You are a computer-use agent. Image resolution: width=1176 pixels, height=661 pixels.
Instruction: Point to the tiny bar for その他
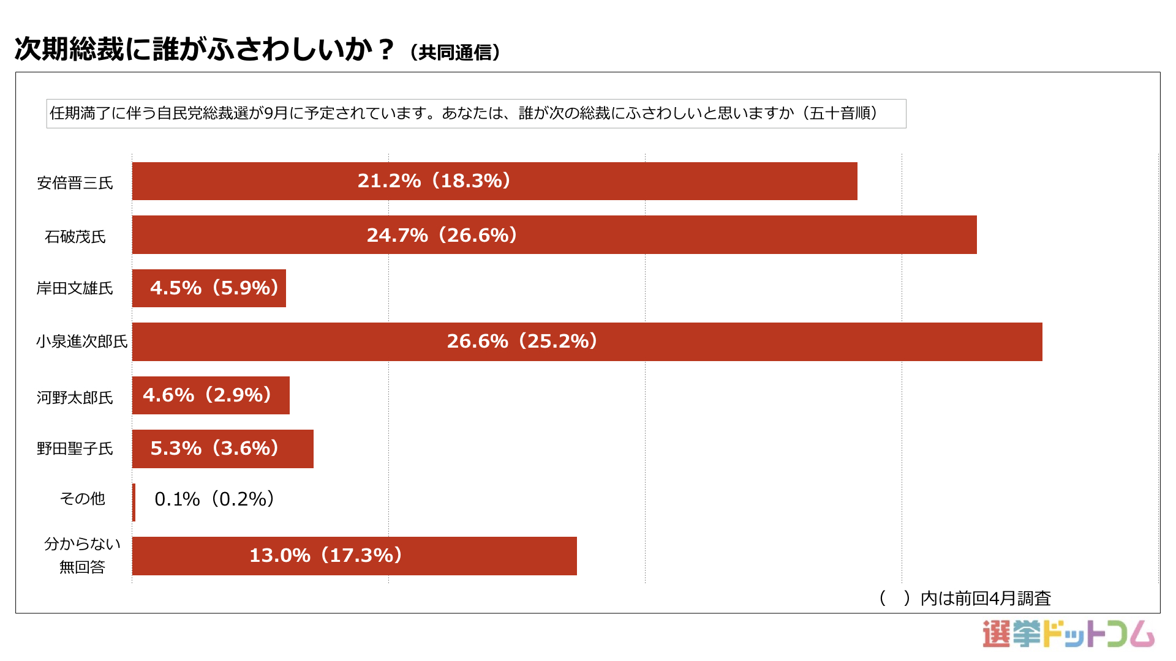click(134, 502)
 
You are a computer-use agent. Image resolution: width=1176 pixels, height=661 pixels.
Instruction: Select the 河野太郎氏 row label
click(75, 398)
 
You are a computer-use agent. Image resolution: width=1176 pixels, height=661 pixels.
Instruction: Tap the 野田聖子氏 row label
click(75, 449)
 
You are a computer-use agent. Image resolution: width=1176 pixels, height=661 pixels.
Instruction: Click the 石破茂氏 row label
click(75, 237)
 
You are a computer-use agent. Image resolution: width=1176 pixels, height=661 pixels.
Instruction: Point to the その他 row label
click(82, 499)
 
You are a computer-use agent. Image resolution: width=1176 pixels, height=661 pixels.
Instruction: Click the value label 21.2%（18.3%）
click(434, 181)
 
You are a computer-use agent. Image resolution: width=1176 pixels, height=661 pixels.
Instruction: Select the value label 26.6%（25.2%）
click(522, 341)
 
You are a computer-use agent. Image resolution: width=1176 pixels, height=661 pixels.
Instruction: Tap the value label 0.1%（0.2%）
click(214, 499)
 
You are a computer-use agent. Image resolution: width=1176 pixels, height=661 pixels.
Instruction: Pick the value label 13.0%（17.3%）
click(326, 555)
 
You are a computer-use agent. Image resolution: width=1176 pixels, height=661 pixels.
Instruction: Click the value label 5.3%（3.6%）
click(215, 448)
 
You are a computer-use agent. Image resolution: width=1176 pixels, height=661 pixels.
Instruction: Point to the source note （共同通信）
click(455, 53)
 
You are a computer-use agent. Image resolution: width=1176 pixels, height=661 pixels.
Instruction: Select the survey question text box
click(476, 114)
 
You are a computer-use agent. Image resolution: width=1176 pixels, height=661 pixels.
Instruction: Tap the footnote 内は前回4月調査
click(985, 598)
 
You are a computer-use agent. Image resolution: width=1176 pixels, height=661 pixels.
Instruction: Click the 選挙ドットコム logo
click(1068, 634)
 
